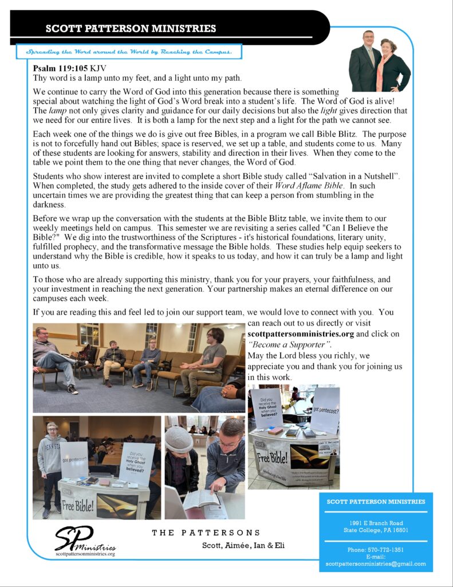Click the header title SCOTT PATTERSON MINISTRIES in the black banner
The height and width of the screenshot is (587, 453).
(131, 29)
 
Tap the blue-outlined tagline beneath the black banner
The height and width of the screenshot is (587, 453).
(129, 52)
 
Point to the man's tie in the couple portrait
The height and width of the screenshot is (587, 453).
(371, 56)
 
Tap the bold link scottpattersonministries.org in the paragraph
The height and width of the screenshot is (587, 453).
(301, 334)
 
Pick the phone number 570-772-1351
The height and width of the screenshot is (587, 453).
(383, 550)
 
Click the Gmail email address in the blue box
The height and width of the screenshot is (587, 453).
(376, 563)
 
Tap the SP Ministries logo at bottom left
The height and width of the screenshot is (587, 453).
(85, 541)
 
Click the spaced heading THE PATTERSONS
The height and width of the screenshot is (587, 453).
(206, 533)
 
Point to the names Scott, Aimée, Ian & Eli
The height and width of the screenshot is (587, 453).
(243, 545)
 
